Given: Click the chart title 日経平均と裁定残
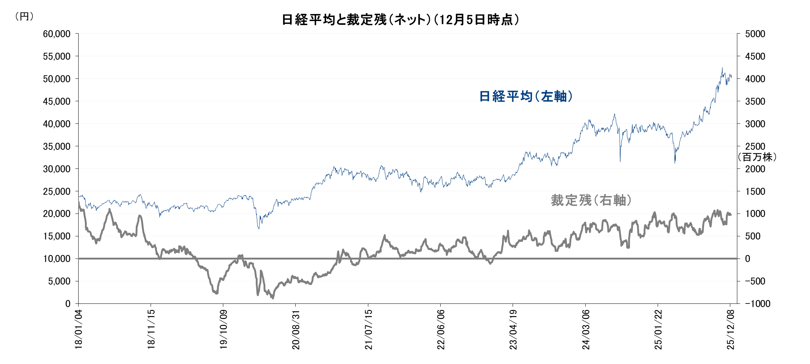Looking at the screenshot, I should point(400,20).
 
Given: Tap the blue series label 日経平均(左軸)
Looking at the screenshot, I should point(525,96).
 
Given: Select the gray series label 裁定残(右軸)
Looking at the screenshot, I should point(591,200).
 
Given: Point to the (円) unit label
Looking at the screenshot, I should point(24,17).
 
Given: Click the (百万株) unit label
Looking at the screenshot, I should point(757,157).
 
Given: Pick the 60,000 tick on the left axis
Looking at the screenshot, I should point(57,34).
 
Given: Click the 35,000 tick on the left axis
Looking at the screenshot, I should point(57,147).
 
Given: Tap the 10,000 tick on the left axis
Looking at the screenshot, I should point(57,259).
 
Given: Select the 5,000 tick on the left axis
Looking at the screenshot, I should point(59,281).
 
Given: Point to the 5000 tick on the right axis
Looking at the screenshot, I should point(755,34).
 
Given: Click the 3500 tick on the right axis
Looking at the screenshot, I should point(755,102).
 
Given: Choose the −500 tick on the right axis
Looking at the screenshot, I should point(755,281).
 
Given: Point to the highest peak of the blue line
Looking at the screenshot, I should point(722,68).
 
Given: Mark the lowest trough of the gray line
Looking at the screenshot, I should point(273,298).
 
